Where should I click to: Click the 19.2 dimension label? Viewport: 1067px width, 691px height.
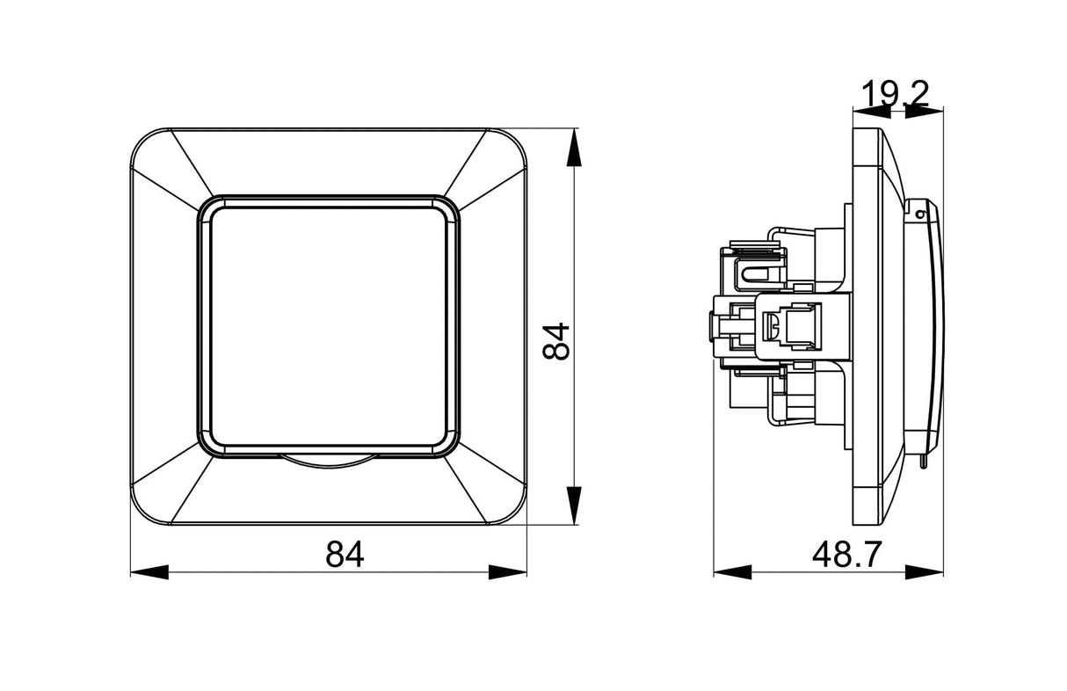[896, 94]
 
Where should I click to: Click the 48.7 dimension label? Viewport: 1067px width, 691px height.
[847, 555]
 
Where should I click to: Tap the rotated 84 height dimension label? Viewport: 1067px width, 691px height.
[555, 341]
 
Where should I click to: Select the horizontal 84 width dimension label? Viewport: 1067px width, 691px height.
[345, 554]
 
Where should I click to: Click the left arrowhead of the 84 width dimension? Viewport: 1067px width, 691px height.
[149, 572]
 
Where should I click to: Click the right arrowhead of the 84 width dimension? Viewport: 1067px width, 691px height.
[508, 572]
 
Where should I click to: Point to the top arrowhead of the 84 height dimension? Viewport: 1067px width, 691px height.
[574, 147]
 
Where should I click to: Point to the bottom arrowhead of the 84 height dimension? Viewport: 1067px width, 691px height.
[574, 506]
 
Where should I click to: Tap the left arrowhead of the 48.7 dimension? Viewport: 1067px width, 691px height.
[733, 572]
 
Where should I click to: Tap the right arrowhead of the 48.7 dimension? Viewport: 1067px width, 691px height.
[924, 572]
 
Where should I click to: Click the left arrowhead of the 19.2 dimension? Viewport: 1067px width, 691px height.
[872, 112]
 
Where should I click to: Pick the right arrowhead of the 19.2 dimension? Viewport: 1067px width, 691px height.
[924, 112]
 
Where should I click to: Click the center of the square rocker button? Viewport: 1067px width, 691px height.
[329, 327]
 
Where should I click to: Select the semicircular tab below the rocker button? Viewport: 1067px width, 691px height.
[329, 462]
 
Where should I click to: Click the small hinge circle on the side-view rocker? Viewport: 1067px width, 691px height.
[921, 215]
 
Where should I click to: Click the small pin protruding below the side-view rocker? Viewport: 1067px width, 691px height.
[922, 461]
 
